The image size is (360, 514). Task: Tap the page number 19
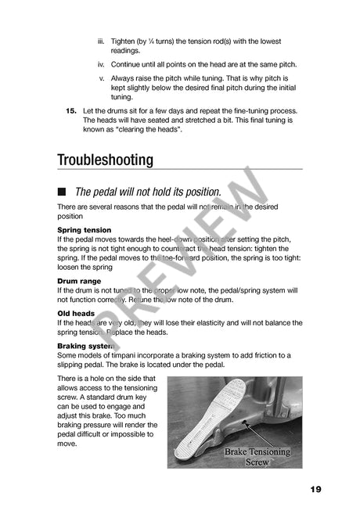(x=315, y=489)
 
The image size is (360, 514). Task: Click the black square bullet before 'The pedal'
(x=62, y=192)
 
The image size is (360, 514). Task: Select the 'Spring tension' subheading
(x=85, y=230)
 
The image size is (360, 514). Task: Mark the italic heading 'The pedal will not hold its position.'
(x=147, y=192)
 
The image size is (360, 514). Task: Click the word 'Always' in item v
(x=124, y=79)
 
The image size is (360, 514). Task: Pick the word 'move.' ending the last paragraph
(x=67, y=444)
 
